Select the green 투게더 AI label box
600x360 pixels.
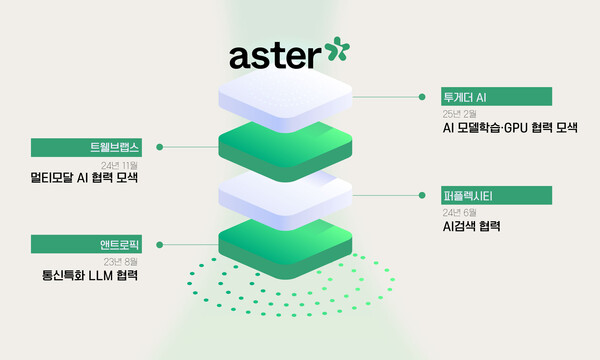point(496,97)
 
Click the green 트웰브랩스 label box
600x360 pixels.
point(91,147)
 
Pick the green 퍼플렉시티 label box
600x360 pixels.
point(496,195)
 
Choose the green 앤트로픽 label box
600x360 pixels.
point(91,243)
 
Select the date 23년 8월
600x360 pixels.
point(120,260)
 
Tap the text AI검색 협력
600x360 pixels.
point(471,227)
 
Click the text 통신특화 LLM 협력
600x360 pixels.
point(91,275)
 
